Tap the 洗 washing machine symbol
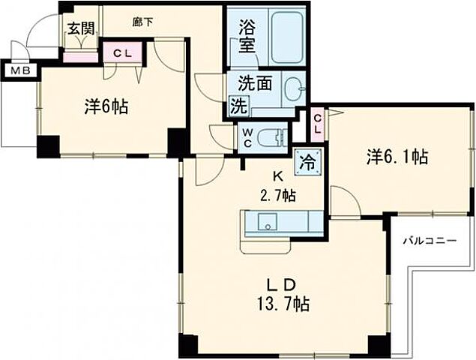tap(238, 106)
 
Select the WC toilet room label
tap(247, 136)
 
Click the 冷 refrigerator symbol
tap(307, 160)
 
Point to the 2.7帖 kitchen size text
tap(277, 196)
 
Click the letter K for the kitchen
tap(277, 178)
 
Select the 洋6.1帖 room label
tap(397, 157)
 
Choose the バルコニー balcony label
tap(430, 241)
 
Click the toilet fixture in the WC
tap(280, 136)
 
